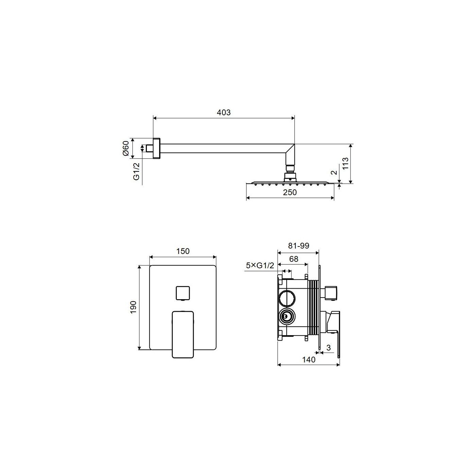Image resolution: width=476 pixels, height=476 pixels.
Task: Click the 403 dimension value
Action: (223, 113)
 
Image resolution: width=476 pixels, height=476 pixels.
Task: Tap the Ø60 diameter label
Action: (126, 148)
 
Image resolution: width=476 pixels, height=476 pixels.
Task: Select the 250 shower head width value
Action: (290, 192)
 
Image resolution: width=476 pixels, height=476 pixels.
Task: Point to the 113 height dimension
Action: (345, 163)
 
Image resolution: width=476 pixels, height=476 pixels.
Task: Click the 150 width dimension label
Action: (183, 251)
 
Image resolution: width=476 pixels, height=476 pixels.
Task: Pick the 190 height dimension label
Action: (133, 307)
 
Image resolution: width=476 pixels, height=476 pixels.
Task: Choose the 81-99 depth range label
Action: (299, 246)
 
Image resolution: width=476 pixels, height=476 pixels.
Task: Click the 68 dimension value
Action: (294, 259)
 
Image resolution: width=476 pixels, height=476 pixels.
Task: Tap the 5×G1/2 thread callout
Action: (260, 266)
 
